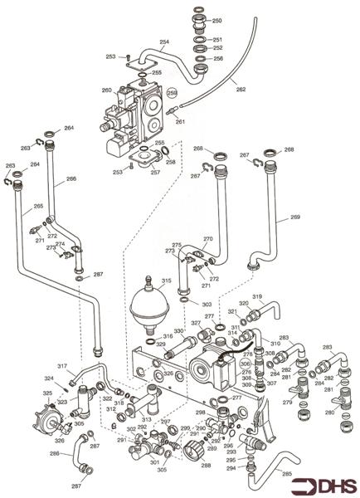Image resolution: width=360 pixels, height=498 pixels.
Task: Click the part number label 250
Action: coord(216,20)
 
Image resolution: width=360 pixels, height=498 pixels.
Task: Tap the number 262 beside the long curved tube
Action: coord(241,90)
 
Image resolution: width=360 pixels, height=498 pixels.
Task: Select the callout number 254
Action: coord(163,41)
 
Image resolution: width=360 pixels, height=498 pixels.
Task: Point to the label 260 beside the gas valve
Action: coord(106,90)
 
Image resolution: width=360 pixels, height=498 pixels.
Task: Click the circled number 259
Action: coord(173,92)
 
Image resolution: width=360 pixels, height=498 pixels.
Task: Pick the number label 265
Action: coord(38,206)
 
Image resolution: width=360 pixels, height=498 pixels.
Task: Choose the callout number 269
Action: coord(294,217)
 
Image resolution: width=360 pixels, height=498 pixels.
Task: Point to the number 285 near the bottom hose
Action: coord(286,474)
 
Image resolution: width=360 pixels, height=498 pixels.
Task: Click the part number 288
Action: coord(206,466)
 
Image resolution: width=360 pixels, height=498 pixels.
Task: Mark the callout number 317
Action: coord(61,366)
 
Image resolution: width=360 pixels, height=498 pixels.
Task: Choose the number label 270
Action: coord(208,239)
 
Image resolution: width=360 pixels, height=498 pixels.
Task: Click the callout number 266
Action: coord(71,178)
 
